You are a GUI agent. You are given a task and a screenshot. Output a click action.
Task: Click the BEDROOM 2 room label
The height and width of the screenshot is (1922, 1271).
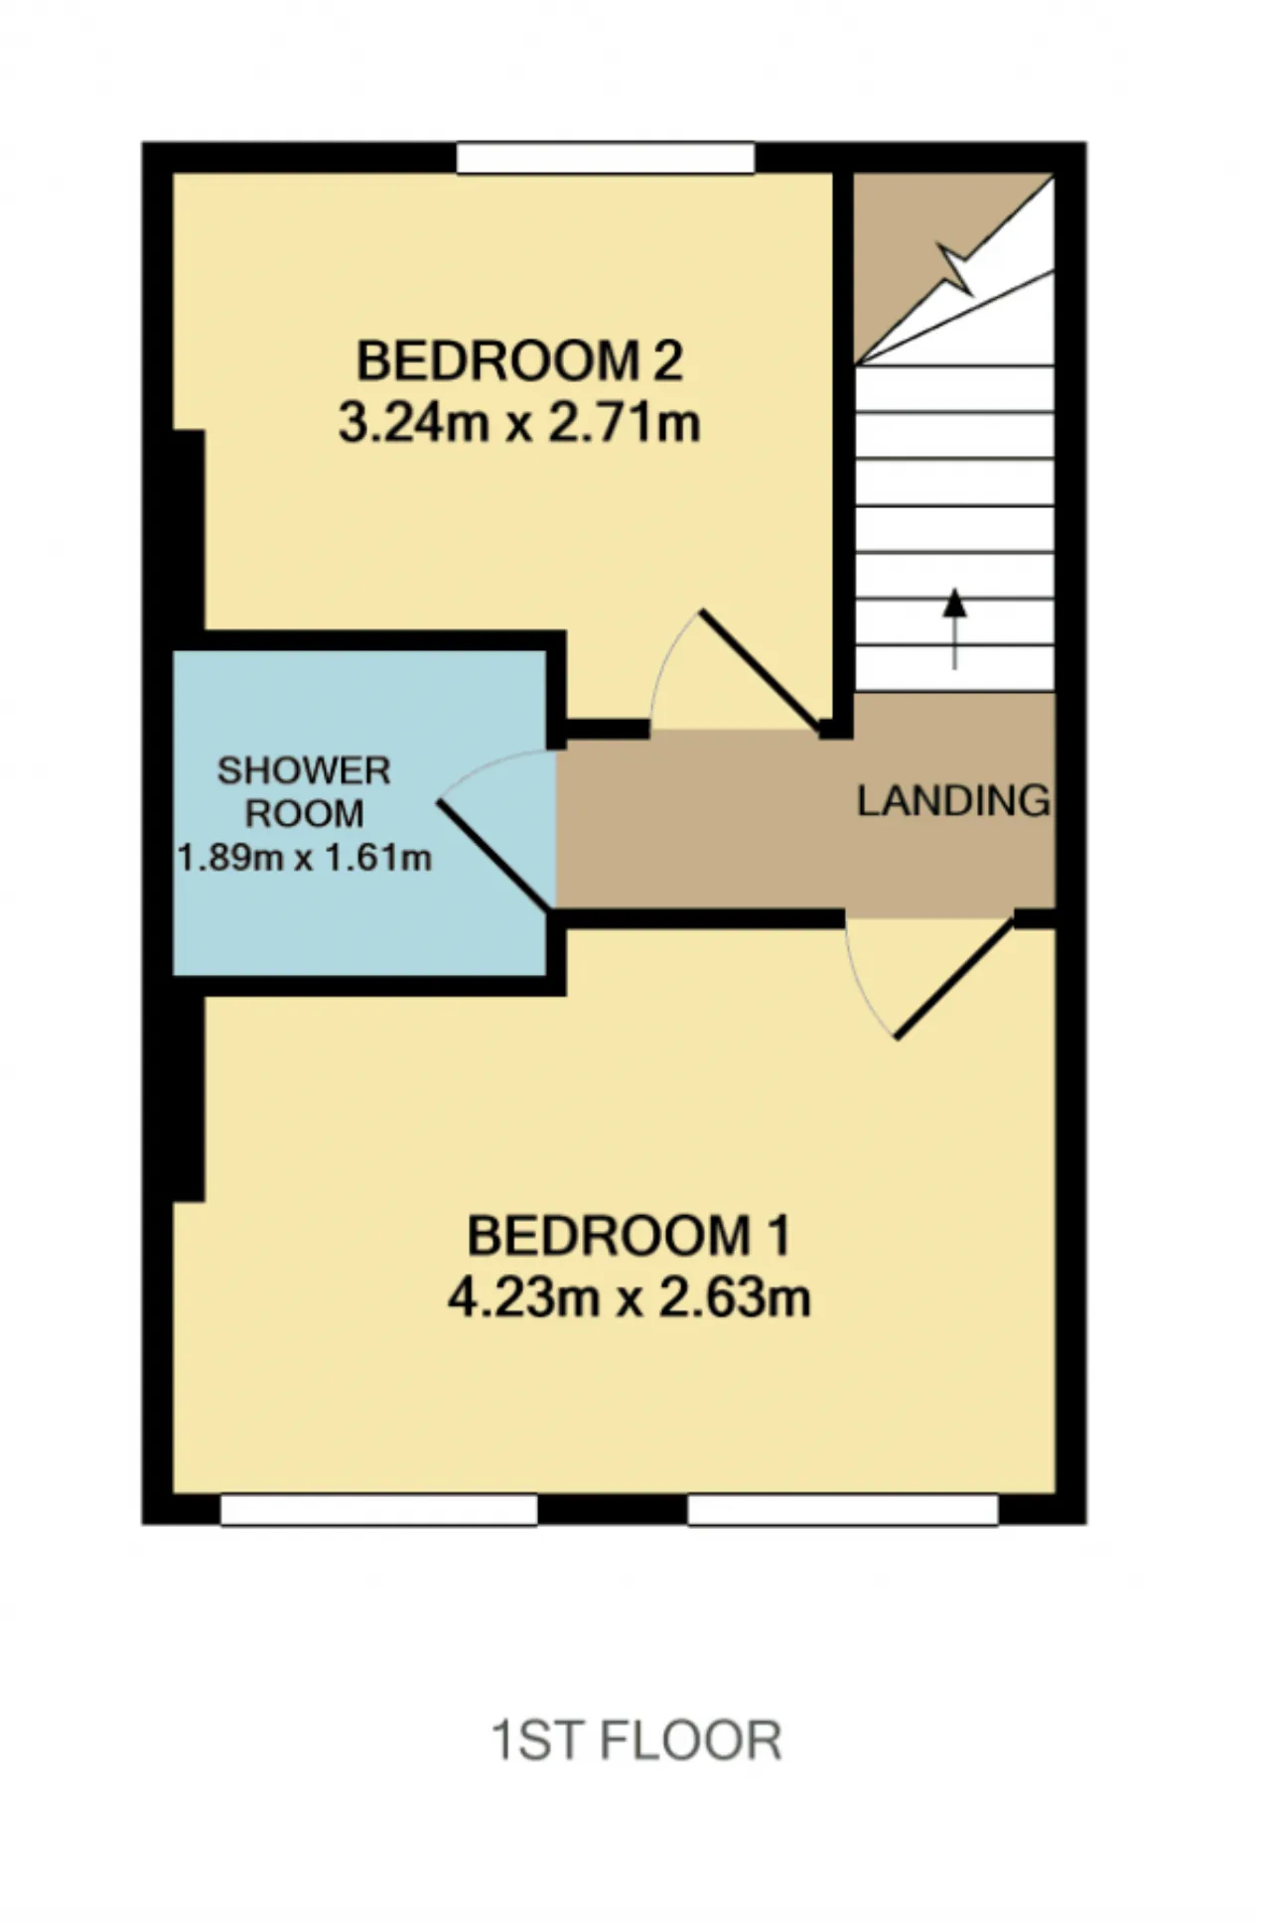tap(519, 360)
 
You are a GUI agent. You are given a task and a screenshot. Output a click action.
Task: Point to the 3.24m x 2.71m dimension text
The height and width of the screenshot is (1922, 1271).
tap(519, 422)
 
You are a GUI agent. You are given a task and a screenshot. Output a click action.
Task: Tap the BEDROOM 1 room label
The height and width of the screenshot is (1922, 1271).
tap(629, 1236)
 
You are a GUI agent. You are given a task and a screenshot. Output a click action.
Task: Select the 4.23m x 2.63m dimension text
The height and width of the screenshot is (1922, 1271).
tap(629, 1298)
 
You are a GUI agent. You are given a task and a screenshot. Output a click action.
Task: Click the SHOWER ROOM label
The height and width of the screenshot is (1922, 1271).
tap(304, 792)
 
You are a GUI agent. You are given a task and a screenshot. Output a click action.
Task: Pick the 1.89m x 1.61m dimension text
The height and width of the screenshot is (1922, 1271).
tap(304, 857)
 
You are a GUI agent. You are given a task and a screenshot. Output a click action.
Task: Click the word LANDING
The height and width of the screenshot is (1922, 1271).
tap(953, 801)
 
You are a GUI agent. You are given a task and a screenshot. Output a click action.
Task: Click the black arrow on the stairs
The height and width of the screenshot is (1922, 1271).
tap(954, 628)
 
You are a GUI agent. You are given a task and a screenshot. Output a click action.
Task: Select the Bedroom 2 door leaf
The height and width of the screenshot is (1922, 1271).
tap(762, 673)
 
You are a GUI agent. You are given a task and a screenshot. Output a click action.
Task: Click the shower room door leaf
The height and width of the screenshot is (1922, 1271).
tap(494, 855)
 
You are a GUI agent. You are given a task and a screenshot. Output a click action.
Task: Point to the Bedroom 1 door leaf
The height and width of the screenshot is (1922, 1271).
tap(954, 979)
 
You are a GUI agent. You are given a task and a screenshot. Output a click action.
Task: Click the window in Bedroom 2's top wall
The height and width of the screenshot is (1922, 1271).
tap(606, 159)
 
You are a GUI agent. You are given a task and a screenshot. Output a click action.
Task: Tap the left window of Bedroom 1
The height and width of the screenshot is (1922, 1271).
tap(378, 1510)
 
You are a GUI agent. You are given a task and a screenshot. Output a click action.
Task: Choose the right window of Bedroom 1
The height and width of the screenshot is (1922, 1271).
tap(843, 1510)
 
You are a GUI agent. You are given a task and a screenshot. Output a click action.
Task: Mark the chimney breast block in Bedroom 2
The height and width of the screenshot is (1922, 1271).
tap(189, 530)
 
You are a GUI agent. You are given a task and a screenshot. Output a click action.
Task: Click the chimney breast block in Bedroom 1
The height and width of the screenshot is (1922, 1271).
tap(189, 1099)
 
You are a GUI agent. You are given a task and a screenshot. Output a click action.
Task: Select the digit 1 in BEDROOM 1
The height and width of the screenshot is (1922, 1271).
tap(779, 1236)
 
